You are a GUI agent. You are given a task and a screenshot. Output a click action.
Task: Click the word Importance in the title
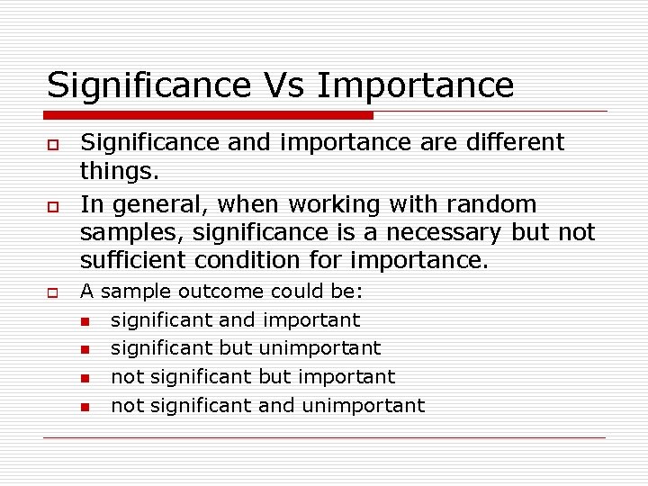pyautogui.click(x=416, y=85)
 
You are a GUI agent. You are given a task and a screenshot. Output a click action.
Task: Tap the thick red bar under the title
pyautogui.click(x=209, y=115)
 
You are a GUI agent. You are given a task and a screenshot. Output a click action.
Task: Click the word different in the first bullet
pyautogui.click(x=515, y=142)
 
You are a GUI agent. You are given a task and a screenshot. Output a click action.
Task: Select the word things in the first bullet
pyautogui.click(x=113, y=170)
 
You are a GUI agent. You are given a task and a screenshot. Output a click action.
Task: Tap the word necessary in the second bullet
pyautogui.click(x=435, y=232)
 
